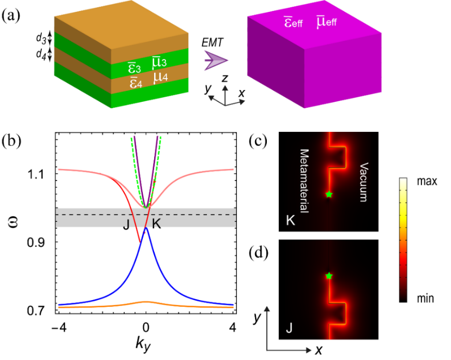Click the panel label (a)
11,15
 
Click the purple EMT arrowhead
213,62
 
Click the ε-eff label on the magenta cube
294,22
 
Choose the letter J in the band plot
125,226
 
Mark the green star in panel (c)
329,194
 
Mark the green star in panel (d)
329,276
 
